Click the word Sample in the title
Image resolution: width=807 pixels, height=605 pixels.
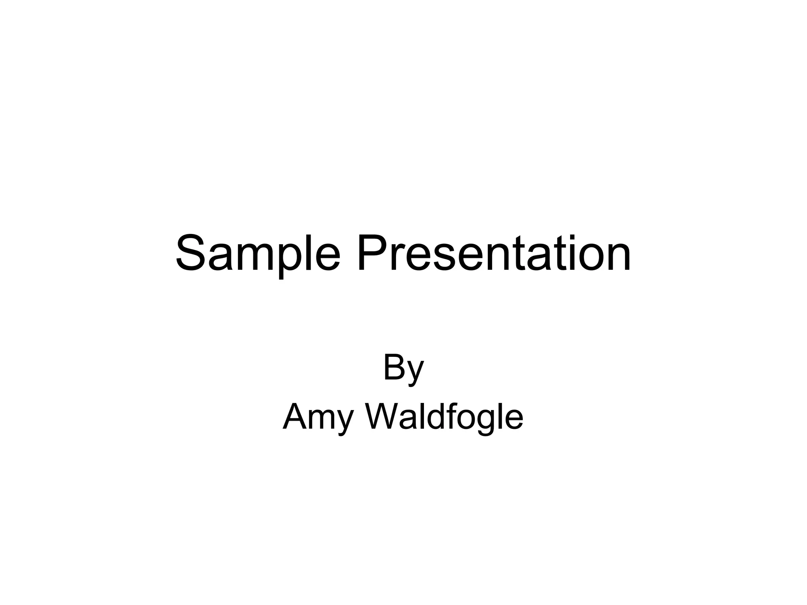(x=258, y=253)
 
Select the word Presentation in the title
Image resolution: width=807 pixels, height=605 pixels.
(x=494, y=253)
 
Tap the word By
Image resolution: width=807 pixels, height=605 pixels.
(x=403, y=368)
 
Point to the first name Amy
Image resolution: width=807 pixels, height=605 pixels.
(x=318, y=418)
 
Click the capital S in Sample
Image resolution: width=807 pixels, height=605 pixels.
(x=192, y=253)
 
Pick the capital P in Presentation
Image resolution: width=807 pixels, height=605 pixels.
(x=372, y=253)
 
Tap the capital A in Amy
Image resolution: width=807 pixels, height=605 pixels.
(x=296, y=417)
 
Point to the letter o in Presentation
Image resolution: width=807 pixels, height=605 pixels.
(x=586, y=258)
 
